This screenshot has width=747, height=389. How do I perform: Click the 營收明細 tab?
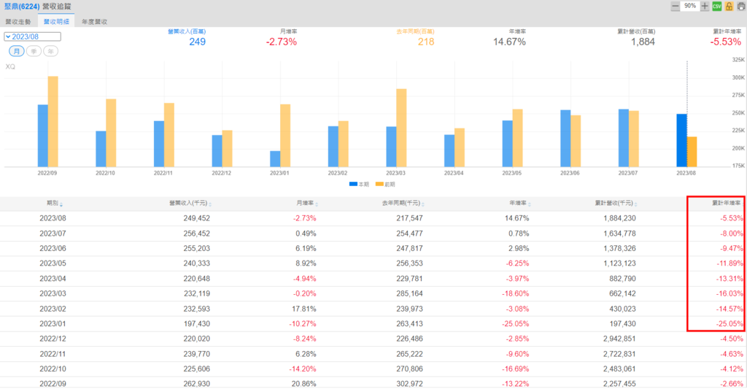[58, 23]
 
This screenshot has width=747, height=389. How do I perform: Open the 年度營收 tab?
[95, 23]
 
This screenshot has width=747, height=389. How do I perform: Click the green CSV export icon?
[716, 6]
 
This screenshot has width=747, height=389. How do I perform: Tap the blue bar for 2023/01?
[275, 158]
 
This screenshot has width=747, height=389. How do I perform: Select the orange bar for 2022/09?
[53, 121]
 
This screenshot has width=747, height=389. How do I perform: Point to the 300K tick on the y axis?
[737, 77]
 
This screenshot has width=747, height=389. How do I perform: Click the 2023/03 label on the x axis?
[396, 174]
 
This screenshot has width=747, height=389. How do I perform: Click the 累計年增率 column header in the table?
[727, 204]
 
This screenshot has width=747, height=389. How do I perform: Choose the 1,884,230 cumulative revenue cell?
[616, 218]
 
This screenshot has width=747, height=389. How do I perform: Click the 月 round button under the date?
[16, 51]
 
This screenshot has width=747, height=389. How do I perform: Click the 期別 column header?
[53, 204]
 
